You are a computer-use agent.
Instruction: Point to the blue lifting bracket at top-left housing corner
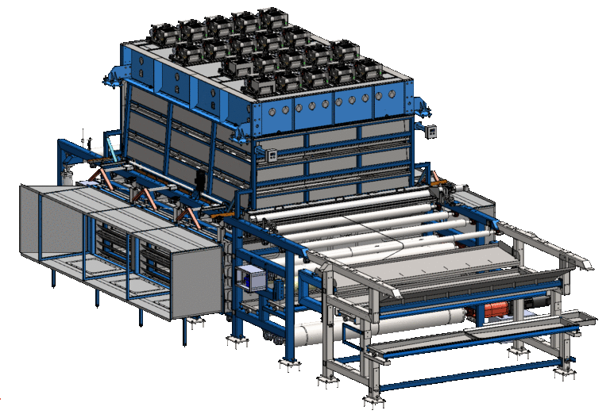click(114, 78)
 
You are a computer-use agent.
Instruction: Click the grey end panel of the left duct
click(194, 278)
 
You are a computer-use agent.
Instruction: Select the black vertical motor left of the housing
click(199, 181)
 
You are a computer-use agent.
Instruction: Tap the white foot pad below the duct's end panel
click(193, 322)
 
